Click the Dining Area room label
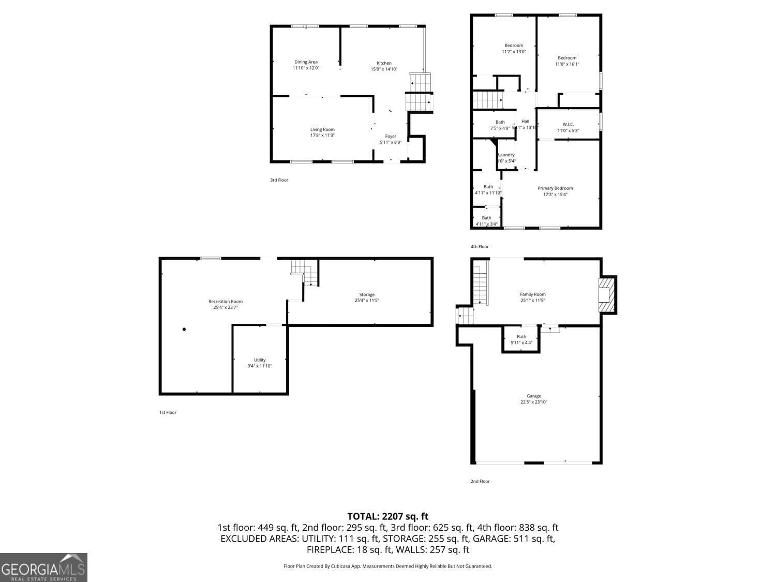point(306,62)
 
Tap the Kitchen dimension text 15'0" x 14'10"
point(384,69)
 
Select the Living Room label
point(322,129)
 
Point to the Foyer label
point(391,137)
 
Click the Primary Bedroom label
point(555,188)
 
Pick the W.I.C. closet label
point(568,124)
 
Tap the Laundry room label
point(506,155)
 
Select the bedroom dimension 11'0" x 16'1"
point(567,64)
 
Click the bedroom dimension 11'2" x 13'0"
point(514,52)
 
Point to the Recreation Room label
point(226,302)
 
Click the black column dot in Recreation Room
point(184,329)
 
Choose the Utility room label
point(260,360)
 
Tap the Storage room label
point(367,295)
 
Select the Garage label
point(534,396)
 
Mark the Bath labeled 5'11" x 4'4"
point(521,339)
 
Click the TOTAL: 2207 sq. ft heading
point(387,516)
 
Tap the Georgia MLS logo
point(43,568)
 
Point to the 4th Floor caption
point(480,247)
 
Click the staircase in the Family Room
point(481,283)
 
